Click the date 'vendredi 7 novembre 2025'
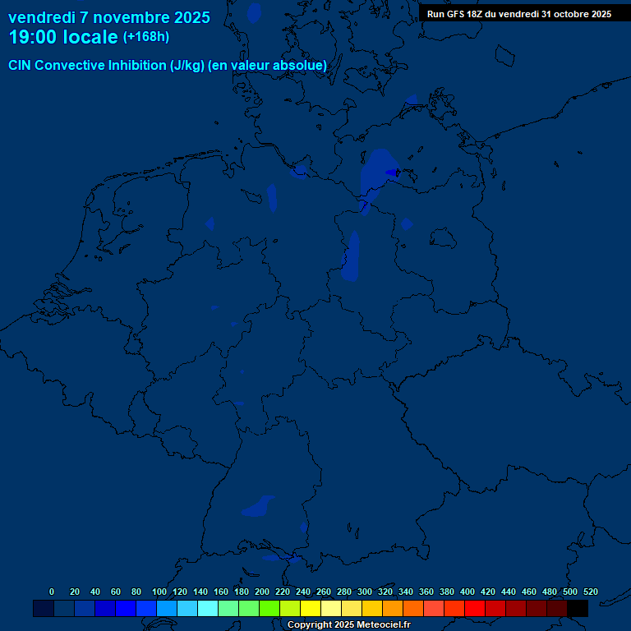click(x=109, y=17)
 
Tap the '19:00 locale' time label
click(x=63, y=37)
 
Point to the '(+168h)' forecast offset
click(x=145, y=37)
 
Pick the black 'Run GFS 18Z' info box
click(x=519, y=14)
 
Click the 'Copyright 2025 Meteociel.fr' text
click(x=349, y=625)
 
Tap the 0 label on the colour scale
click(x=52, y=592)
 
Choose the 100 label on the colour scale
click(x=159, y=592)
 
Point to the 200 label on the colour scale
click(x=262, y=592)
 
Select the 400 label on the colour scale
click(x=467, y=592)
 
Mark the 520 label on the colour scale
click(x=590, y=592)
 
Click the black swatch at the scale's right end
click(x=578, y=608)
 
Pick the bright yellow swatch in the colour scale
click(x=311, y=608)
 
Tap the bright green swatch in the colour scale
click(x=269, y=608)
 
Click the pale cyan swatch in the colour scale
click(x=208, y=608)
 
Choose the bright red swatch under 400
click(x=475, y=608)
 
